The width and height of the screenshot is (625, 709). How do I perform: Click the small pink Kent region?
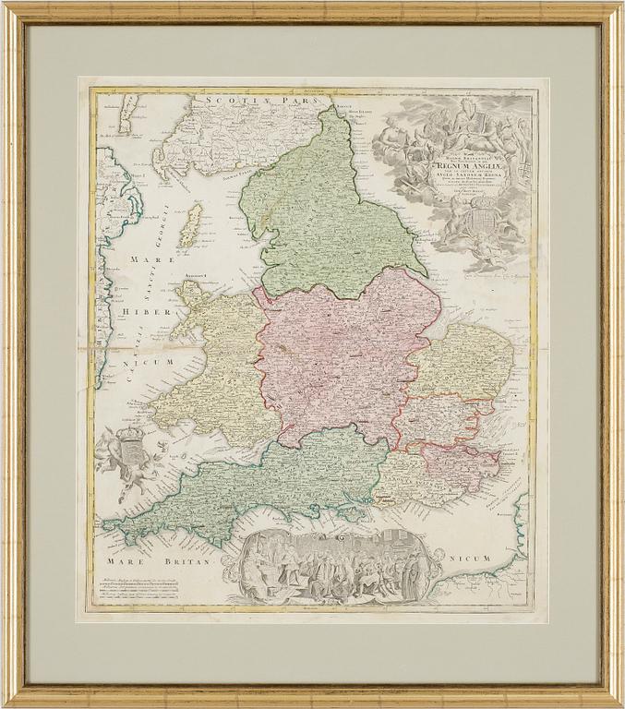(x=459, y=467)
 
